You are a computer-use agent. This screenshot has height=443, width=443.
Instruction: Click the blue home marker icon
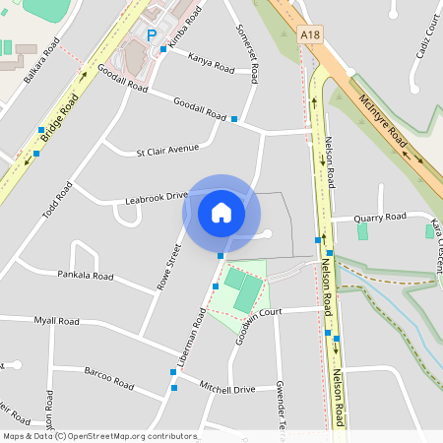221,212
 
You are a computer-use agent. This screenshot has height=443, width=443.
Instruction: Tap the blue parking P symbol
152,35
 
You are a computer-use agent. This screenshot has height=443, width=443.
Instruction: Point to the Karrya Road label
211,63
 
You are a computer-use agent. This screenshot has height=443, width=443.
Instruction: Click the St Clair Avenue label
167,150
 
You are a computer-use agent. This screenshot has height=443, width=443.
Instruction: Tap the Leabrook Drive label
156,198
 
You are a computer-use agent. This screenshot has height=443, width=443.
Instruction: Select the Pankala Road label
85,276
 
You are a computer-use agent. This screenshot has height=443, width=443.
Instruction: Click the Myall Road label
56,321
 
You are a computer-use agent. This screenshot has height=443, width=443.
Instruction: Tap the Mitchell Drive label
226,389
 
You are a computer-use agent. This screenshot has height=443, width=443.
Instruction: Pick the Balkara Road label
42,60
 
